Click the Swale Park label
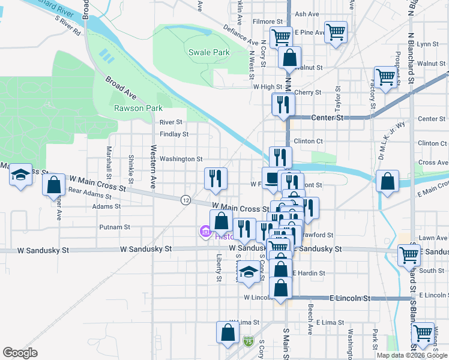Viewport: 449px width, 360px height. click(209, 52)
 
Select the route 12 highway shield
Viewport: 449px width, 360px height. click(186, 199)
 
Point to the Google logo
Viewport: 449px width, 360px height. click(20, 353)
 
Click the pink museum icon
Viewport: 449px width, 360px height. click(204, 231)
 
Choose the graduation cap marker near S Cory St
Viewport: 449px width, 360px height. click(247, 274)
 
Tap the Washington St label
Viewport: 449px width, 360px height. click(181, 159)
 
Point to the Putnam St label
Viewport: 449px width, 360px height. click(115, 227)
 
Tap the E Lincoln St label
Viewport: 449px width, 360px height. click(351, 298)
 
